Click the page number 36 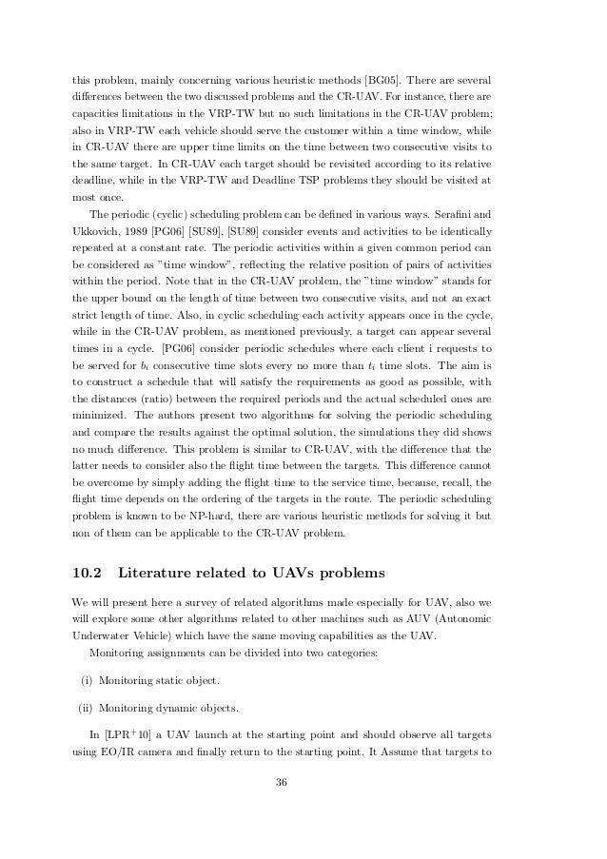click(x=281, y=810)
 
